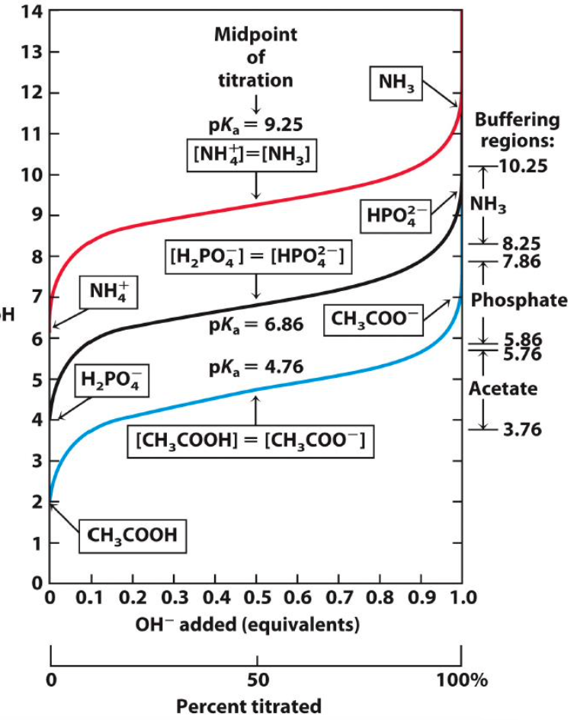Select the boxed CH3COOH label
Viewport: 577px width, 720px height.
132,535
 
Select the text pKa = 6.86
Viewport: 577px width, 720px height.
256,325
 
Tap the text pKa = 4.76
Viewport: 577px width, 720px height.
256,367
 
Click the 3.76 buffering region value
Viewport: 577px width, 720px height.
522,430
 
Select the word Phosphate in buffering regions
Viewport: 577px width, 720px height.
519,300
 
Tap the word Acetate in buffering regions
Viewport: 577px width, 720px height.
503,389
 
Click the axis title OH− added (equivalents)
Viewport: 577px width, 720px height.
246,625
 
